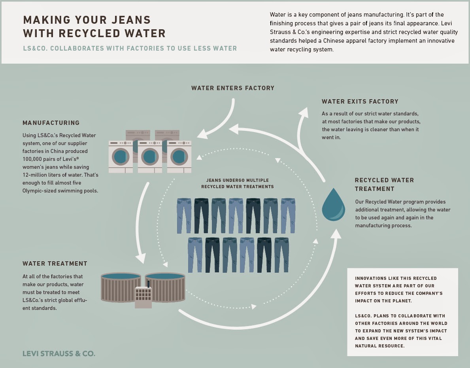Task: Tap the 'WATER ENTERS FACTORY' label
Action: (232, 88)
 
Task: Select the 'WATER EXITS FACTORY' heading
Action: (360, 102)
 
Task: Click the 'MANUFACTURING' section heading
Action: (51, 123)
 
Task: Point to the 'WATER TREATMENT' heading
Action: (55, 264)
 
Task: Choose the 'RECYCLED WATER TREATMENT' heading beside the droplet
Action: (384, 184)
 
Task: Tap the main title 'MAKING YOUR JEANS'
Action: (87, 20)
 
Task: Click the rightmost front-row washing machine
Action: (179, 157)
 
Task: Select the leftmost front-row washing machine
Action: (121, 157)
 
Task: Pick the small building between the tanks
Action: (143, 296)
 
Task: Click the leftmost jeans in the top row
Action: (184, 215)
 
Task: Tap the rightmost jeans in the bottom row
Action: (281, 255)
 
